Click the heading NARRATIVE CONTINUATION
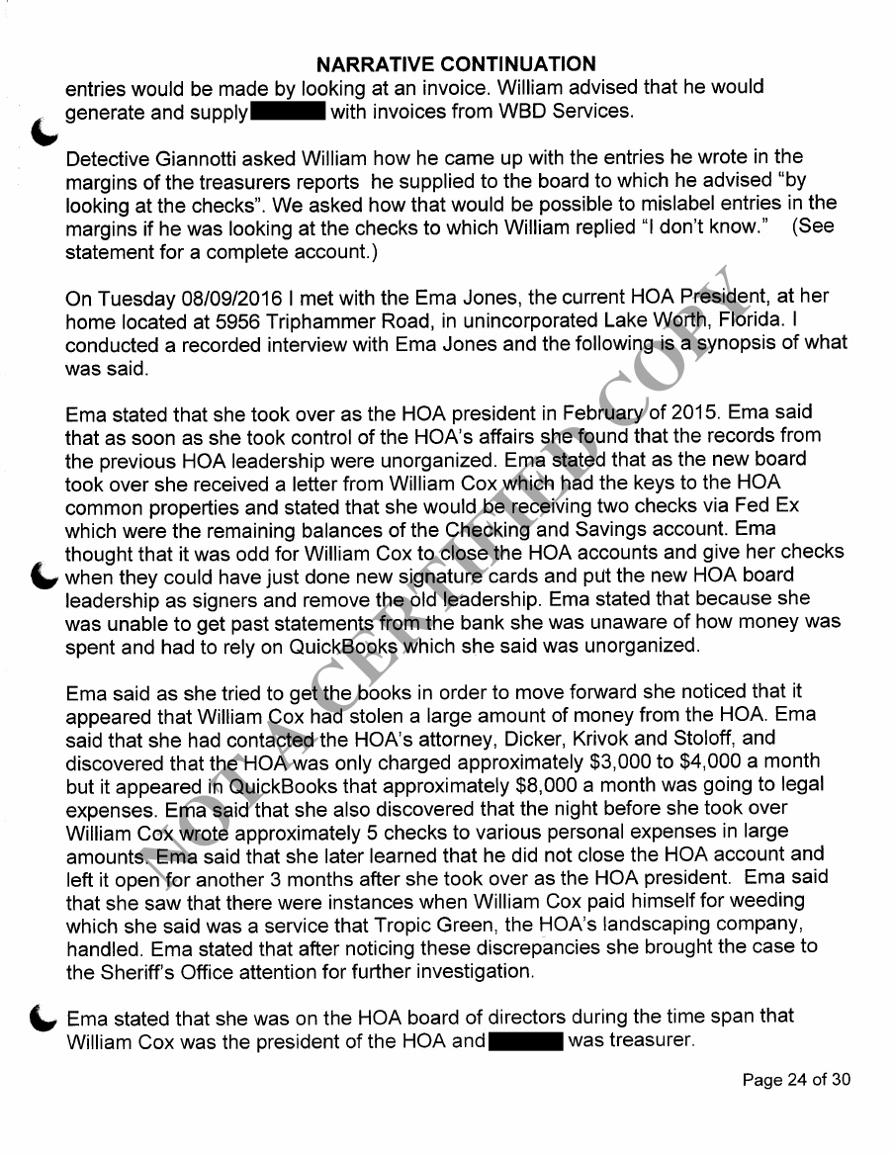pos(456,64)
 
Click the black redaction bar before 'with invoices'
pos(289,112)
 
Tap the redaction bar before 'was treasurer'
pos(526,1041)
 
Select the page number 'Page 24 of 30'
pos(796,1080)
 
